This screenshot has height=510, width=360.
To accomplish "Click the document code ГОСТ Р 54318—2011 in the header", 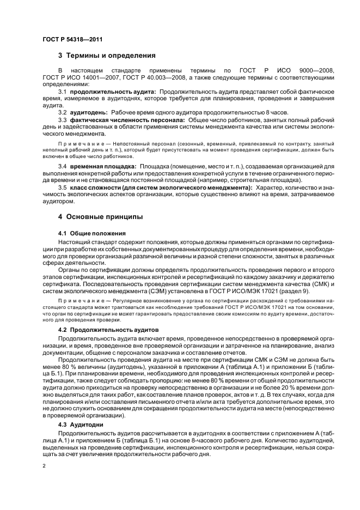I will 72,39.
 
